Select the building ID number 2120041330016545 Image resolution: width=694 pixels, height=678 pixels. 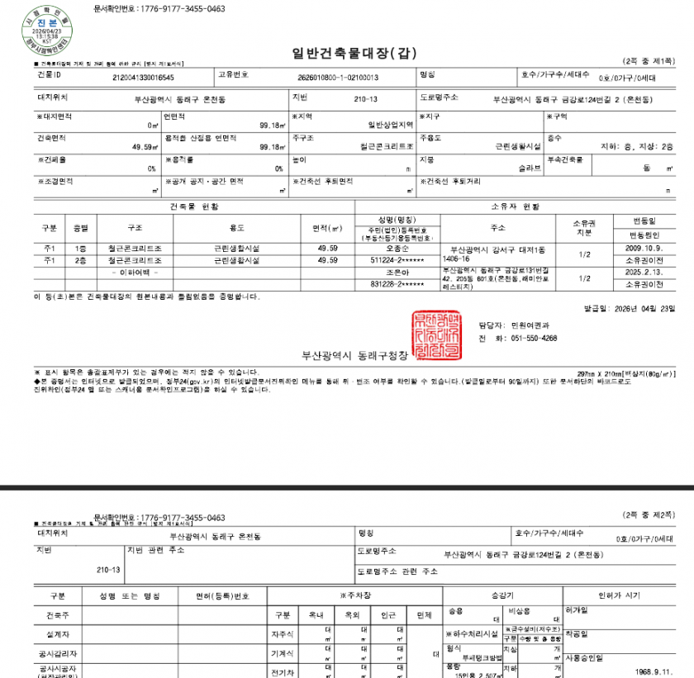pyautogui.click(x=143, y=77)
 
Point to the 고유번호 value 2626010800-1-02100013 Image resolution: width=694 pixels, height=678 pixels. pyautogui.click(x=337, y=77)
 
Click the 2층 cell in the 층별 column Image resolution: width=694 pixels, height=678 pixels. pyautogui.click(x=81, y=260)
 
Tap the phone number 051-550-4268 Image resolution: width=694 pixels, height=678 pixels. pyautogui.click(x=534, y=338)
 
